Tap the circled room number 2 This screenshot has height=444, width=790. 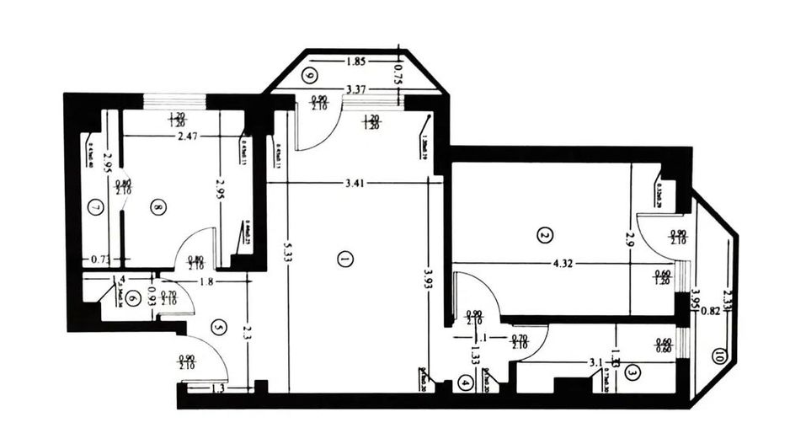tap(545, 235)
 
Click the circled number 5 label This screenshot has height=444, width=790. tap(217, 327)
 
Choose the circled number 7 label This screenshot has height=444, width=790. tap(96, 207)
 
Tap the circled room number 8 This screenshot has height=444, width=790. tap(157, 206)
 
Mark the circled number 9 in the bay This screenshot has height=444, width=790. tap(310, 76)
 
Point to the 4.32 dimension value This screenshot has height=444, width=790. tap(564, 264)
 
